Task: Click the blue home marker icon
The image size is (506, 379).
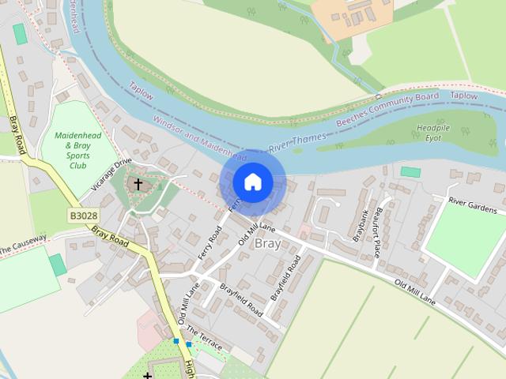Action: click(252, 182)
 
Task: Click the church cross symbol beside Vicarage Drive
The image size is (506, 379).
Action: click(138, 184)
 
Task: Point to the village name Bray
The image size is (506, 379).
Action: click(266, 244)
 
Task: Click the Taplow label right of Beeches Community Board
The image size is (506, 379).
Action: click(464, 96)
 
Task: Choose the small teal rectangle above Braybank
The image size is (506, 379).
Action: click(410, 171)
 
